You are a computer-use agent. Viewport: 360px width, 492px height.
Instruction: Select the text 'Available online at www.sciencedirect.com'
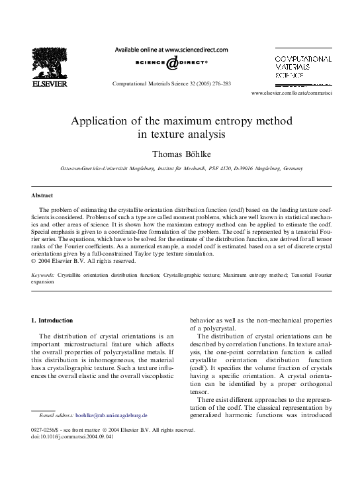(171, 50)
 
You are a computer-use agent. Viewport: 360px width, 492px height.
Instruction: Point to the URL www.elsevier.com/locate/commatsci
(301, 95)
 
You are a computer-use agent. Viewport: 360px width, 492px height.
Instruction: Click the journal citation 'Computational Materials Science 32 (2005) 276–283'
(171, 85)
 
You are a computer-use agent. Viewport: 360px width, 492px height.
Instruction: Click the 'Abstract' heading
(42, 196)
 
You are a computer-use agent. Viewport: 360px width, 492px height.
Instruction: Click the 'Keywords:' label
(43, 273)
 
